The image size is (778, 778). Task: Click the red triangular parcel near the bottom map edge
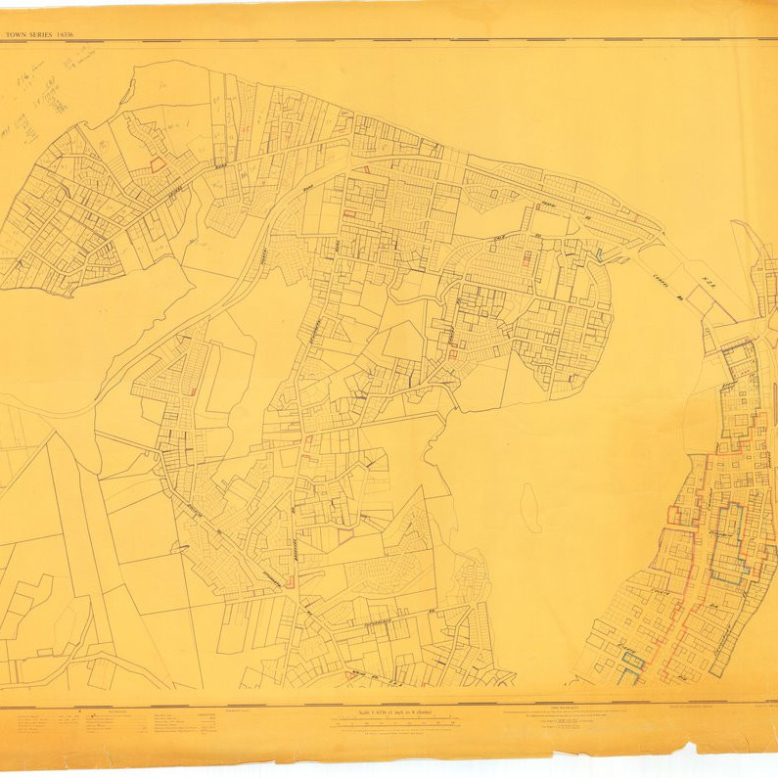(350, 675)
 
